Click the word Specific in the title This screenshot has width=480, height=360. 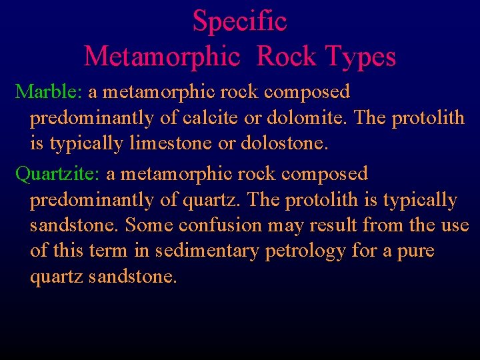click(x=239, y=21)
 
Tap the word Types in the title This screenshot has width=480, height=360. click(x=359, y=57)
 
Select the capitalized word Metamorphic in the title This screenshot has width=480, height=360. click(x=162, y=57)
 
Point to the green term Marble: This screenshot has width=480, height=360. click(x=48, y=91)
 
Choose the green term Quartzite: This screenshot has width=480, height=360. click(x=57, y=174)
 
